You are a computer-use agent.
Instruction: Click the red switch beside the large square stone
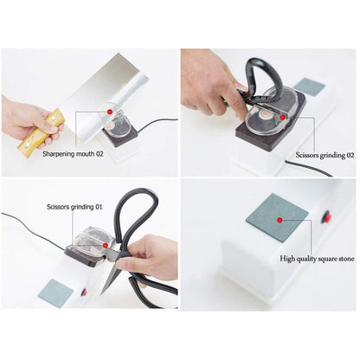point(327,217)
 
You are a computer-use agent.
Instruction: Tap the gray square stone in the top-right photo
point(310,87)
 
